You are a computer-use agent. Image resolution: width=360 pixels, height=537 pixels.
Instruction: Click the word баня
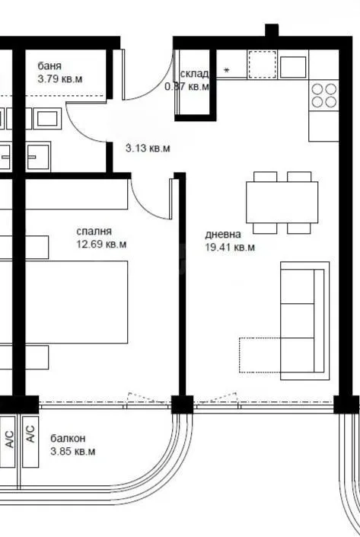click(x=49, y=66)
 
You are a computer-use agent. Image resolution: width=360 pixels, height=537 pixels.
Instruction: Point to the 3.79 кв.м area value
click(x=60, y=78)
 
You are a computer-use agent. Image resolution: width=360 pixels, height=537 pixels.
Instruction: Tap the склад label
click(x=194, y=74)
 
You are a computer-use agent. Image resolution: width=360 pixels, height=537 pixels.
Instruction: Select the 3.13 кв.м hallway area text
click(x=148, y=149)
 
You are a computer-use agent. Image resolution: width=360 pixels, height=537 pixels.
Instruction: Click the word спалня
click(x=94, y=232)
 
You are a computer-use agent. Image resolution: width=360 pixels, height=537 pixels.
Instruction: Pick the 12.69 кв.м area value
click(x=101, y=245)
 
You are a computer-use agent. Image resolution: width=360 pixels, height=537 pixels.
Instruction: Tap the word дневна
click(x=223, y=235)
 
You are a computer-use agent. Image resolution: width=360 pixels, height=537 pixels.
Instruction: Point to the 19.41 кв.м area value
click(x=230, y=247)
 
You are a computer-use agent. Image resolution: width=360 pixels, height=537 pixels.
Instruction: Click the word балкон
click(x=68, y=439)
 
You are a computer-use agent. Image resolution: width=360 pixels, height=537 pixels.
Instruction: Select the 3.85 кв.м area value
click(x=73, y=452)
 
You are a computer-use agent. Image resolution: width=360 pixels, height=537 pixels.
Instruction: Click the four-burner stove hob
click(x=323, y=95)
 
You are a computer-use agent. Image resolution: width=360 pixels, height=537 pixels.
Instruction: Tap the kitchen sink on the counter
click(x=293, y=66)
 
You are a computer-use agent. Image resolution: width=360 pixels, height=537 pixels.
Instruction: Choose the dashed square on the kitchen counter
click(x=260, y=65)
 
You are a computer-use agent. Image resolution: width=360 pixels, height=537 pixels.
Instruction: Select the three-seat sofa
click(x=305, y=320)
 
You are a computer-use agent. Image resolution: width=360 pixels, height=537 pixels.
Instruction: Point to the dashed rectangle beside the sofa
click(x=260, y=354)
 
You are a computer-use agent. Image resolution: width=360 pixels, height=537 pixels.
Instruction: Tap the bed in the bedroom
click(x=76, y=303)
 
